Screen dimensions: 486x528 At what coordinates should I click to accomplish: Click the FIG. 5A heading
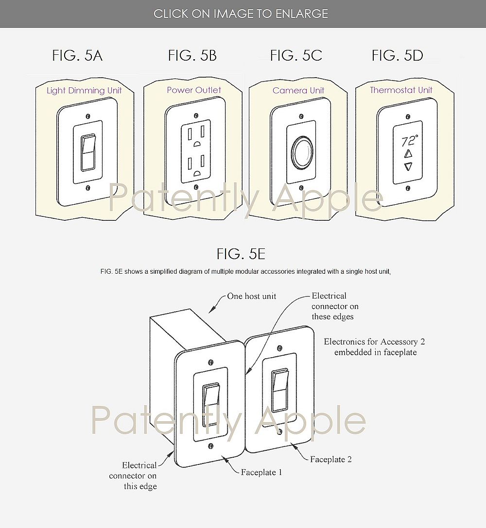(x=77, y=55)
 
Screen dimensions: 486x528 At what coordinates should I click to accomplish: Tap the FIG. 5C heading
(x=296, y=55)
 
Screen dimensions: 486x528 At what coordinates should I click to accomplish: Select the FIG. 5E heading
(x=241, y=254)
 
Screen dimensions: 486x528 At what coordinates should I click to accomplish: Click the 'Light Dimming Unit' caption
(x=84, y=91)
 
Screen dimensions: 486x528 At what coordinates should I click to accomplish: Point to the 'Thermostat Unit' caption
(x=401, y=90)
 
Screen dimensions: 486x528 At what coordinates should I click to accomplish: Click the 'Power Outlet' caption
(x=194, y=90)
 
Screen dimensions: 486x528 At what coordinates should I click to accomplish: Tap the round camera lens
(x=301, y=152)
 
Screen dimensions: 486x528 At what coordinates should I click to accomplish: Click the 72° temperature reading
(x=409, y=141)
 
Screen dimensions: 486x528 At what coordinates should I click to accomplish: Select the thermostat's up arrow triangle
(x=408, y=154)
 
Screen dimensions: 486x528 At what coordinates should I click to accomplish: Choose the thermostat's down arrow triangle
(x=408, y=166)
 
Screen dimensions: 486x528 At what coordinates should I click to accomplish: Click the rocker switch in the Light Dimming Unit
(x=87, y=152)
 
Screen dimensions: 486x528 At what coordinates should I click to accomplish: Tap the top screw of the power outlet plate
(x=195, y=116)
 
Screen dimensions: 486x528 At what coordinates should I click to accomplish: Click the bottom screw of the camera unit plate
(x=301, y=188)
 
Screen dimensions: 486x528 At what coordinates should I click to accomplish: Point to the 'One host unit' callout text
(x=251, y=297)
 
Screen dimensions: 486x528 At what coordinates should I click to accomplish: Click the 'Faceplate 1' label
(x=261, y=473)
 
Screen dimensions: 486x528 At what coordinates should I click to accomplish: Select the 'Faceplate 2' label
(x=331, y=459)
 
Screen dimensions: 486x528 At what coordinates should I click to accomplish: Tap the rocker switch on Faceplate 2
(x=279, y=391)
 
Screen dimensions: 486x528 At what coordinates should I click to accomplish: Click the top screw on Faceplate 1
(x=211, y=363)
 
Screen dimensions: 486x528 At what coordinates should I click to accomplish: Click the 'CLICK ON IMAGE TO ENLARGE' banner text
(x=241, y=14)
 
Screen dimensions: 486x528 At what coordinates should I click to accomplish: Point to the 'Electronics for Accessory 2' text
(x=374, y=342)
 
